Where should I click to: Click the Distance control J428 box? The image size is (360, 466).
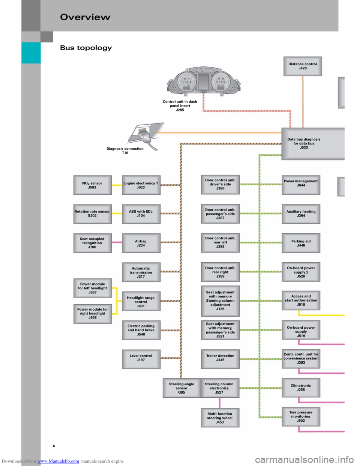pos(303,66)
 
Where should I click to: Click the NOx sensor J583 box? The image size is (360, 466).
pos(92,185)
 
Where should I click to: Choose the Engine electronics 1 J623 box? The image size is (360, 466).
pos(141,185)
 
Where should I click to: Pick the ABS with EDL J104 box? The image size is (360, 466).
pos(141,213)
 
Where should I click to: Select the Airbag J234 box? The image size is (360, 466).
pos(141,243)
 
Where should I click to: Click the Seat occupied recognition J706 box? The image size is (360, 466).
pos(92,243)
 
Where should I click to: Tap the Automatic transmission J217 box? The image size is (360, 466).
pos(141,272)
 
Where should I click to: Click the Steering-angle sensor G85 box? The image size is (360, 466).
pos(181,388)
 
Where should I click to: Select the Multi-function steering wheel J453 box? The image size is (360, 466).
pos(220,418)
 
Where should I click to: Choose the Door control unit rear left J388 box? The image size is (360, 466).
pos(220,242)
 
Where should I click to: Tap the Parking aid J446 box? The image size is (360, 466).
pos(301,243)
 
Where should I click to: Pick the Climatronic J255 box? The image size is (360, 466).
pos(301,388)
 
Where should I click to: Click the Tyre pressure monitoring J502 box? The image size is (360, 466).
pos(301,416)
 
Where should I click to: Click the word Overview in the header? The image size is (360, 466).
pos(85,17)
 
